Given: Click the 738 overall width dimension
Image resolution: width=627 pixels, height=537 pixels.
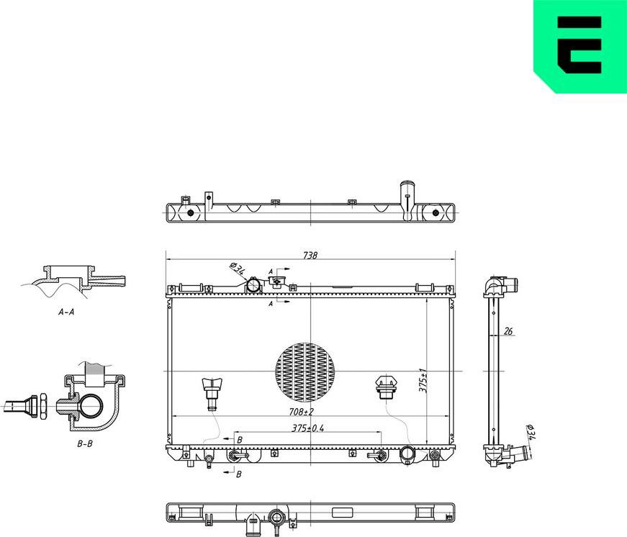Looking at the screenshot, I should [x=310, y=255].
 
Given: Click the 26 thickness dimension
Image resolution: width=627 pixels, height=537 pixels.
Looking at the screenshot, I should [x=508, y=332].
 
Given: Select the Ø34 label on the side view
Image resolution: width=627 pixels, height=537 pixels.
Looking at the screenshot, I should [x=531, y=433].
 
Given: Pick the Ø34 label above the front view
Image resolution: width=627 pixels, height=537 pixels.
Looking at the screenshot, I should [x=237, y=269].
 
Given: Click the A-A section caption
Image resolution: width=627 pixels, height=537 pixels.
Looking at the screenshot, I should [x=66, y=313].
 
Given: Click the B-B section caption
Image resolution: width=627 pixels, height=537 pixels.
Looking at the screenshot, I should [x=85, y=443].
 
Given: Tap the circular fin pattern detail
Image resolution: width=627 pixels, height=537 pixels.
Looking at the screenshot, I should [x=305, y=371].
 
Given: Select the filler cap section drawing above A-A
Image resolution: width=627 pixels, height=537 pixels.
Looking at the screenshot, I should [x=79, y=279].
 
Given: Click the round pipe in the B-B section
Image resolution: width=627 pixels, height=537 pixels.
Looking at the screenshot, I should [x=91, y=407].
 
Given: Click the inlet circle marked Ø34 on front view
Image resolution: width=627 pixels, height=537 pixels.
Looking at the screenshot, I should [x=253, y=286].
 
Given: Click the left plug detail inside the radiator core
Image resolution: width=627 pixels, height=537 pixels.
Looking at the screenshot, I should [x=212, y=392].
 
